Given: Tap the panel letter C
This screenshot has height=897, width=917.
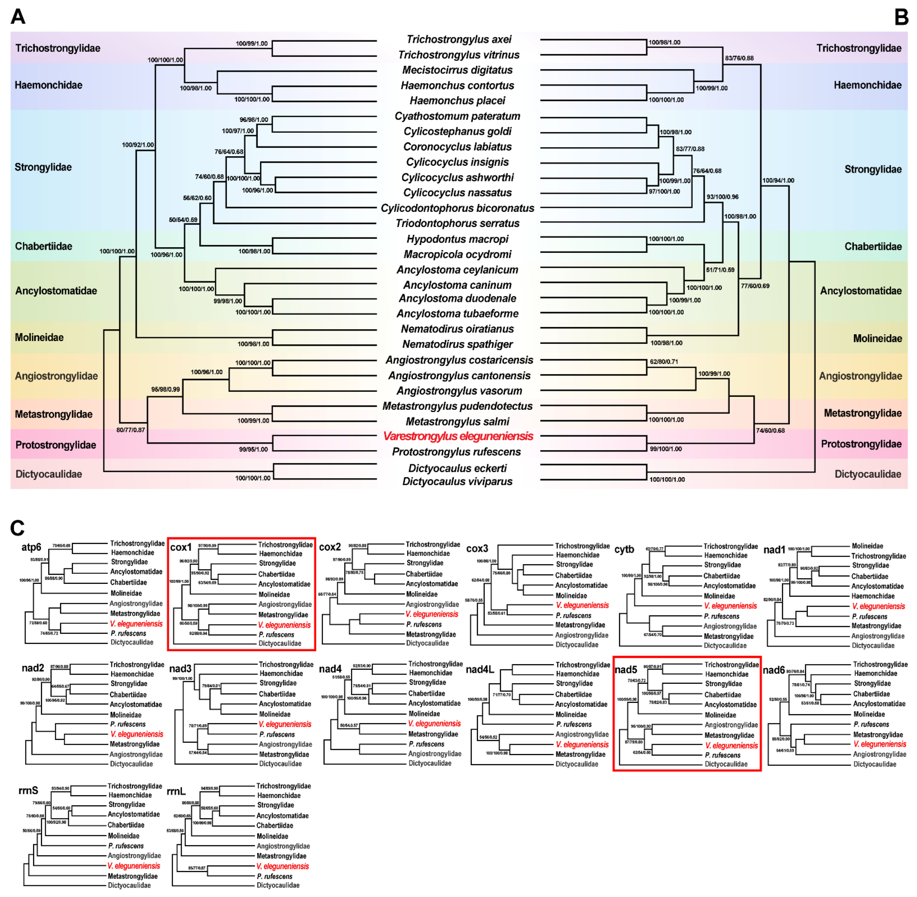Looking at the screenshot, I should pyautogui.click(x=17, y=528).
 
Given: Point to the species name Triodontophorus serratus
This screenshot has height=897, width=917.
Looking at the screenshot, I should pyautogui.click(x=457, y=223).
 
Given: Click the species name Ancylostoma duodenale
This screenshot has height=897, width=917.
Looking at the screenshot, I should pyautogui.click(x=457, y=298).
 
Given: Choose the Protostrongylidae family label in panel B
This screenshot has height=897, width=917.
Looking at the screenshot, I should pyautogui.click(x=861, y=444).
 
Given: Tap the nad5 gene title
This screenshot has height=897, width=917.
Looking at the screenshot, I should pyautogui.click(x=626, y=670).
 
